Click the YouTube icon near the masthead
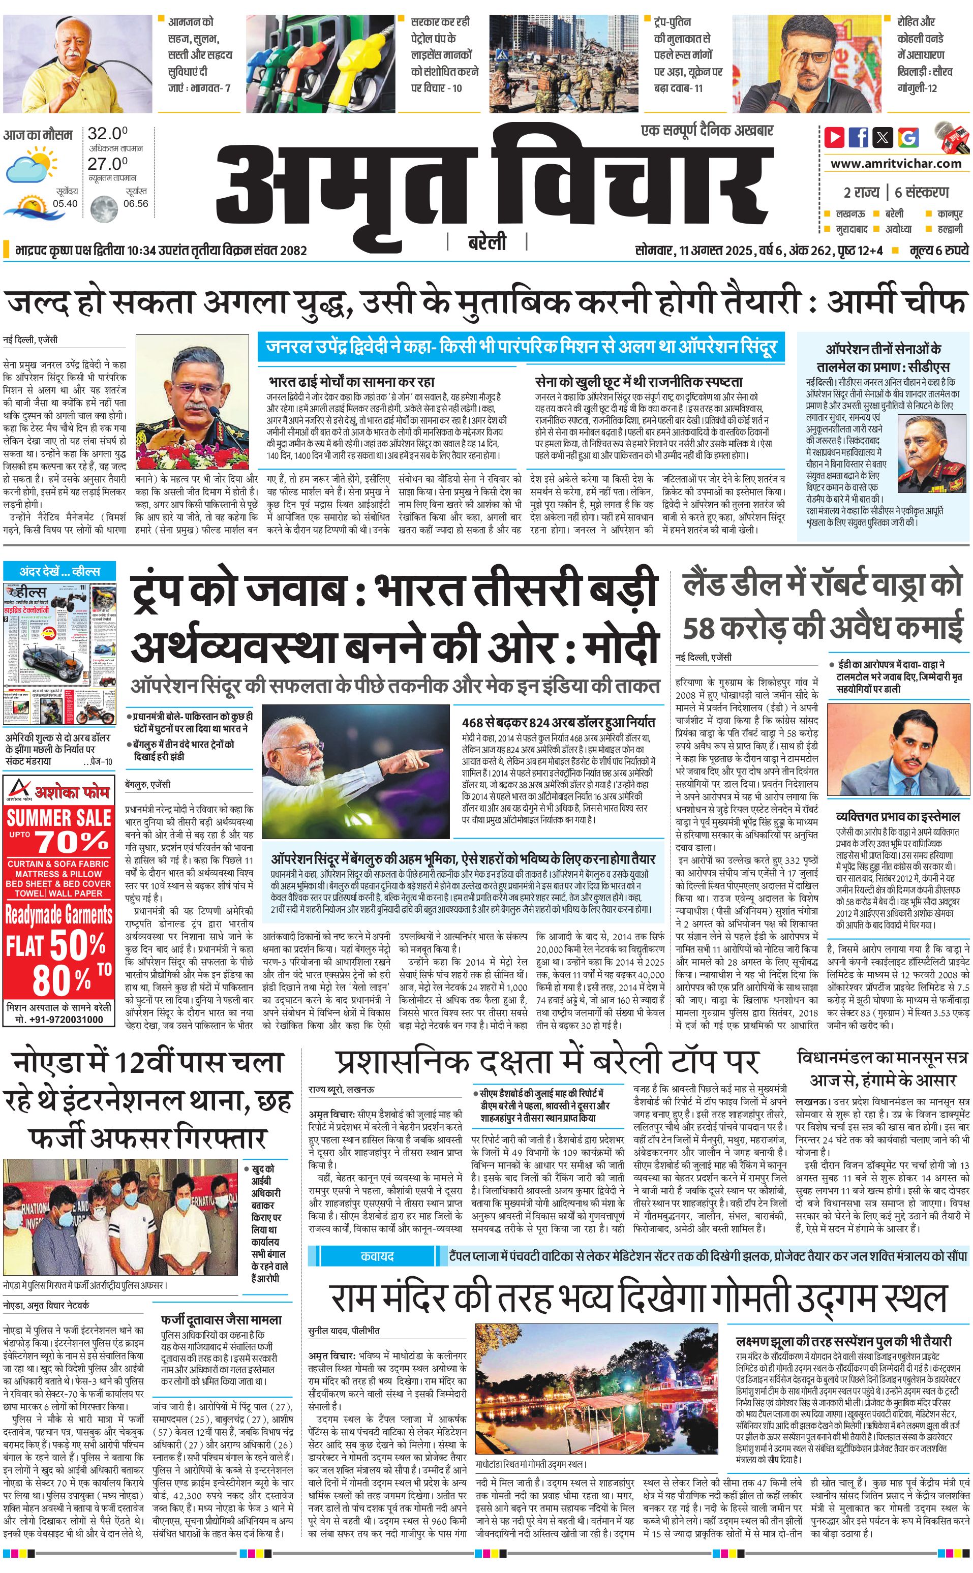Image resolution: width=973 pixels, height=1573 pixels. point(834,137)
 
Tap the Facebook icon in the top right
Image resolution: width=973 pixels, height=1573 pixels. point(859,137)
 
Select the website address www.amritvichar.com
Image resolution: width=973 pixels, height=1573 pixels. point(896,164)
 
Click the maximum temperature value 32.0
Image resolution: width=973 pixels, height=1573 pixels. point(107,134)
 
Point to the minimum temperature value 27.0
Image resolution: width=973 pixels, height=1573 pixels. point(107,164)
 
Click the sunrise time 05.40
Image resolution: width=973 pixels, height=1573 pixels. point(65,203)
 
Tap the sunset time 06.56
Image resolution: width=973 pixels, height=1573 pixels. point(135,203)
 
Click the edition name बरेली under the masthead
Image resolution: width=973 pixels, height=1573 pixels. point(486,242)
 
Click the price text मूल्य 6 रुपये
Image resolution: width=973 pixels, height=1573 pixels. point(938,250)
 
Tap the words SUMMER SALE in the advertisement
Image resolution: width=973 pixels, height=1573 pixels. point(59,818)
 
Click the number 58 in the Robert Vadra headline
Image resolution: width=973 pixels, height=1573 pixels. point(699,628)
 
